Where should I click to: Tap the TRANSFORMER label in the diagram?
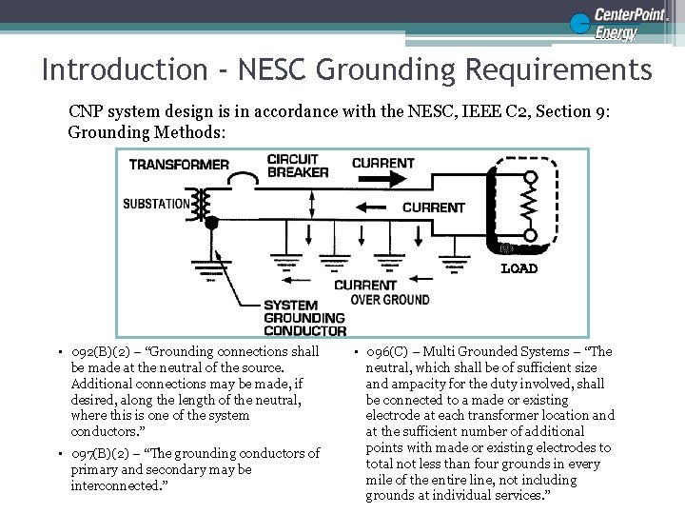tap(179, 164)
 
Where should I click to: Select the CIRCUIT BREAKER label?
tap(297, 166)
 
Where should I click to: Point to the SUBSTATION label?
tap(156, 203)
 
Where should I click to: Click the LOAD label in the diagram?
tap(519, 268)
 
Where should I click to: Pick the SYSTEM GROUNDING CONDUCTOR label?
tap(303, 318)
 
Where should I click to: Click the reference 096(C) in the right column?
tap(393, 351)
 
